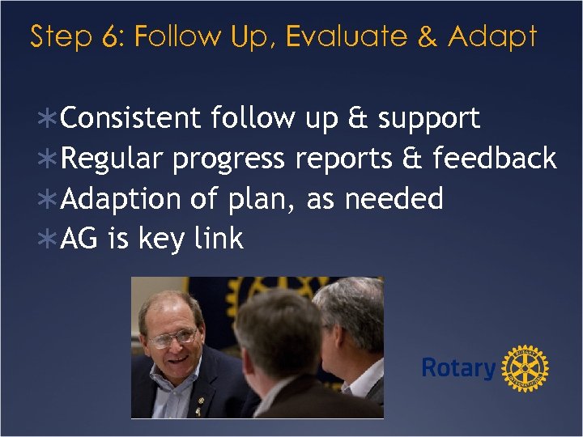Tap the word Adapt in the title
click(x=492, y=36)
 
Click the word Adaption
click(x=121, y=198)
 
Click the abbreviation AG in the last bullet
click(x=79, y=239)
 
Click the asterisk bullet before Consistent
click(x=48, y=119)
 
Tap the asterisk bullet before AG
click(x=48, y=240)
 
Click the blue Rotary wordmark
click(x=458, y=368)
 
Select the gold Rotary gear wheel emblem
click(x=526, y=369)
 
